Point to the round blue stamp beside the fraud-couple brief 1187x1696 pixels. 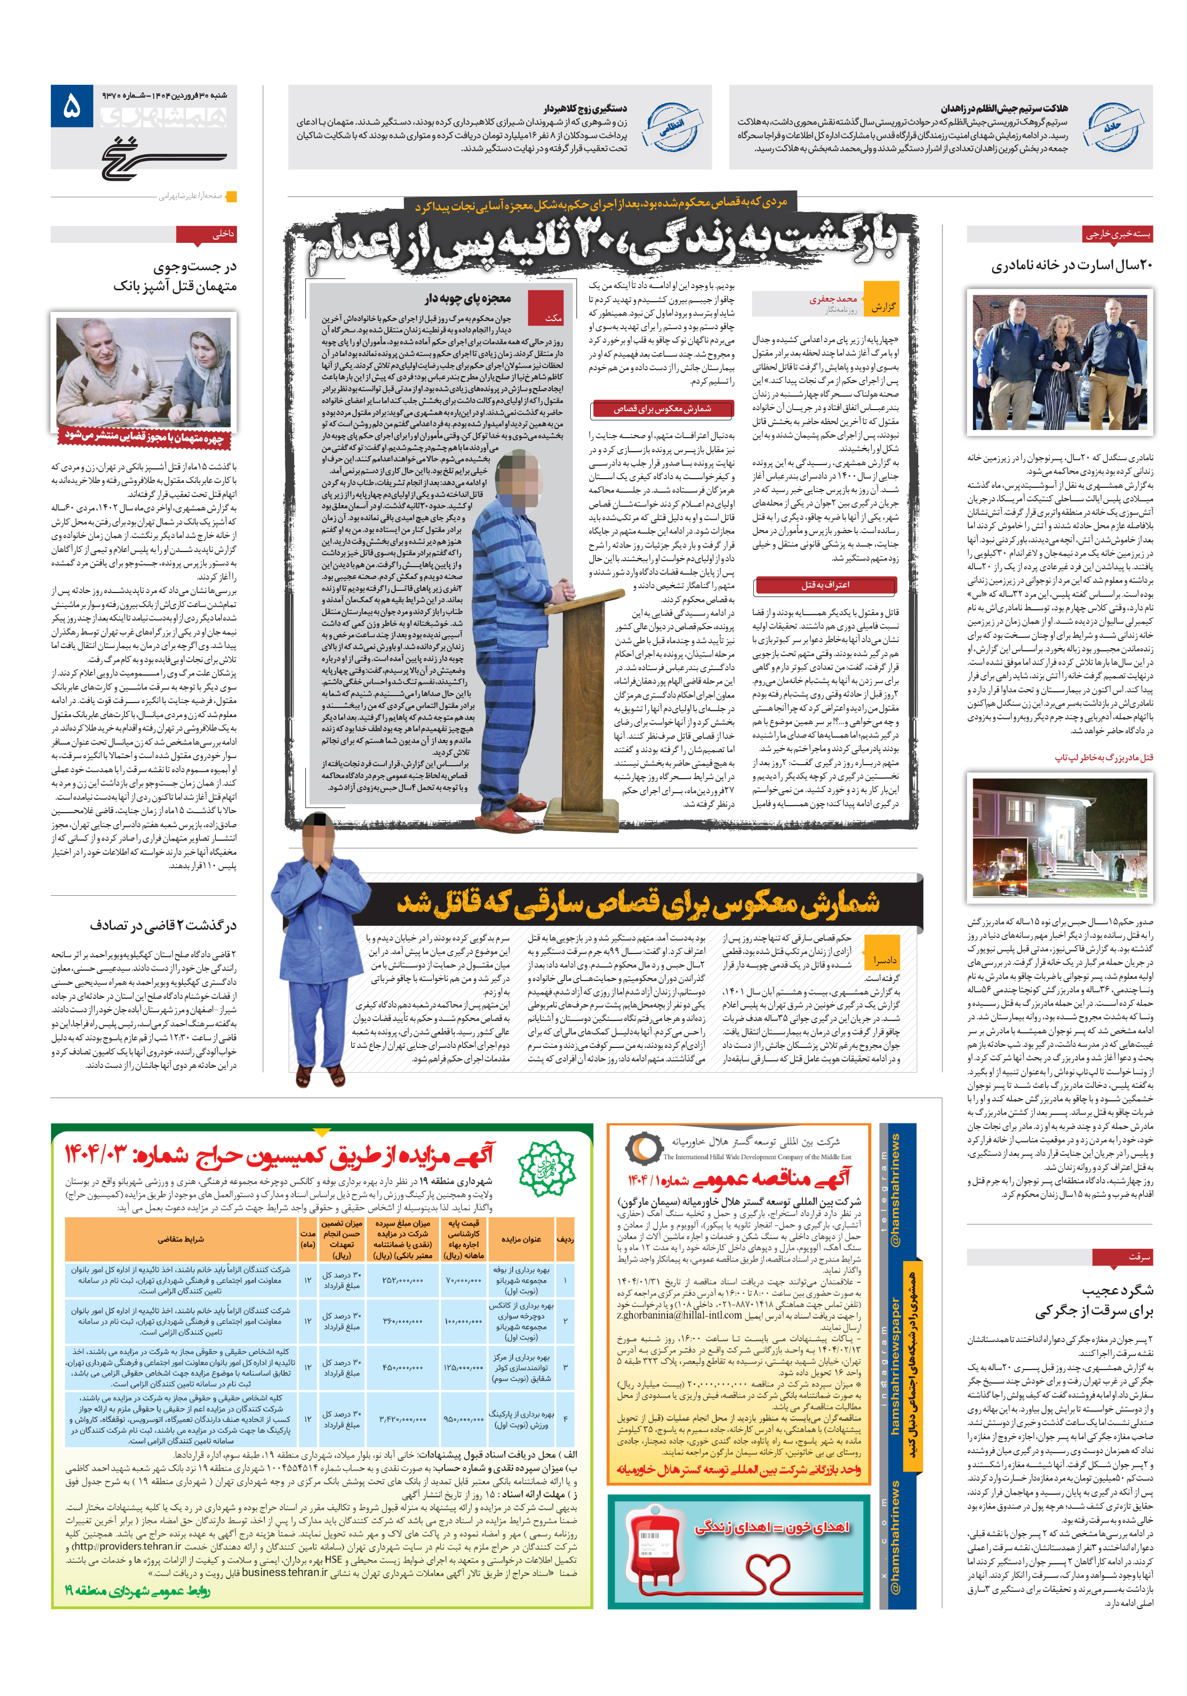[672, 127]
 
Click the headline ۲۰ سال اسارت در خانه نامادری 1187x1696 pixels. [1071, 265]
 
